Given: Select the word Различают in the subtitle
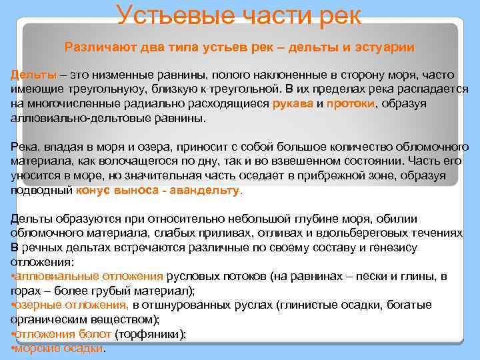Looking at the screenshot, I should click(x=94, y=47).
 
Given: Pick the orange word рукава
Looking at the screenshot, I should click(x=293, y=104).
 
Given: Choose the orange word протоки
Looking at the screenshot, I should click(x=351, y=104).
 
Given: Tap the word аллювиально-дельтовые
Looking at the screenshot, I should click(x=69, y=118).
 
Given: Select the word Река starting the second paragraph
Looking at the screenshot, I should click(x=23, y=147).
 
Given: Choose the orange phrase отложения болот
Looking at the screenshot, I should click(x=63, y=334).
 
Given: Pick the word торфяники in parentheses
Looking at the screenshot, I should click(x=149, y=334).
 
